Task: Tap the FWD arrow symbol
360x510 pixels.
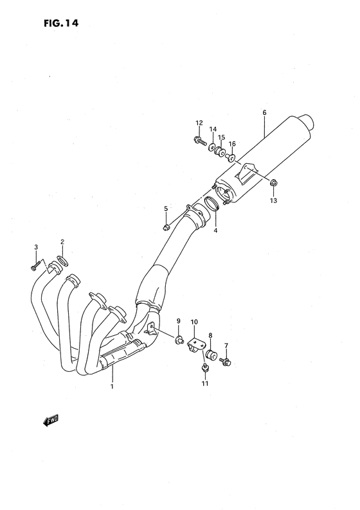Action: click(50, 421)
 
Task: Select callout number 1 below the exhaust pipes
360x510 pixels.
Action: click(112, 387)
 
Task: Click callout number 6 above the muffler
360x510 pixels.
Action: click(264, 114)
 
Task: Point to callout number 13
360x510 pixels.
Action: click(273, 201)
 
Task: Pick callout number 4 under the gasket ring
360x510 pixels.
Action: click(215, 230)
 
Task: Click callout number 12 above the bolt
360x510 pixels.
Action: click(199, 123)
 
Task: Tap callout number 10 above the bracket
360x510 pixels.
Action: click(195, 321)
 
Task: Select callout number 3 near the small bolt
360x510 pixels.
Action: click(36, 247)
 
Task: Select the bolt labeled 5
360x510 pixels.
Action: click(166, 225)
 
